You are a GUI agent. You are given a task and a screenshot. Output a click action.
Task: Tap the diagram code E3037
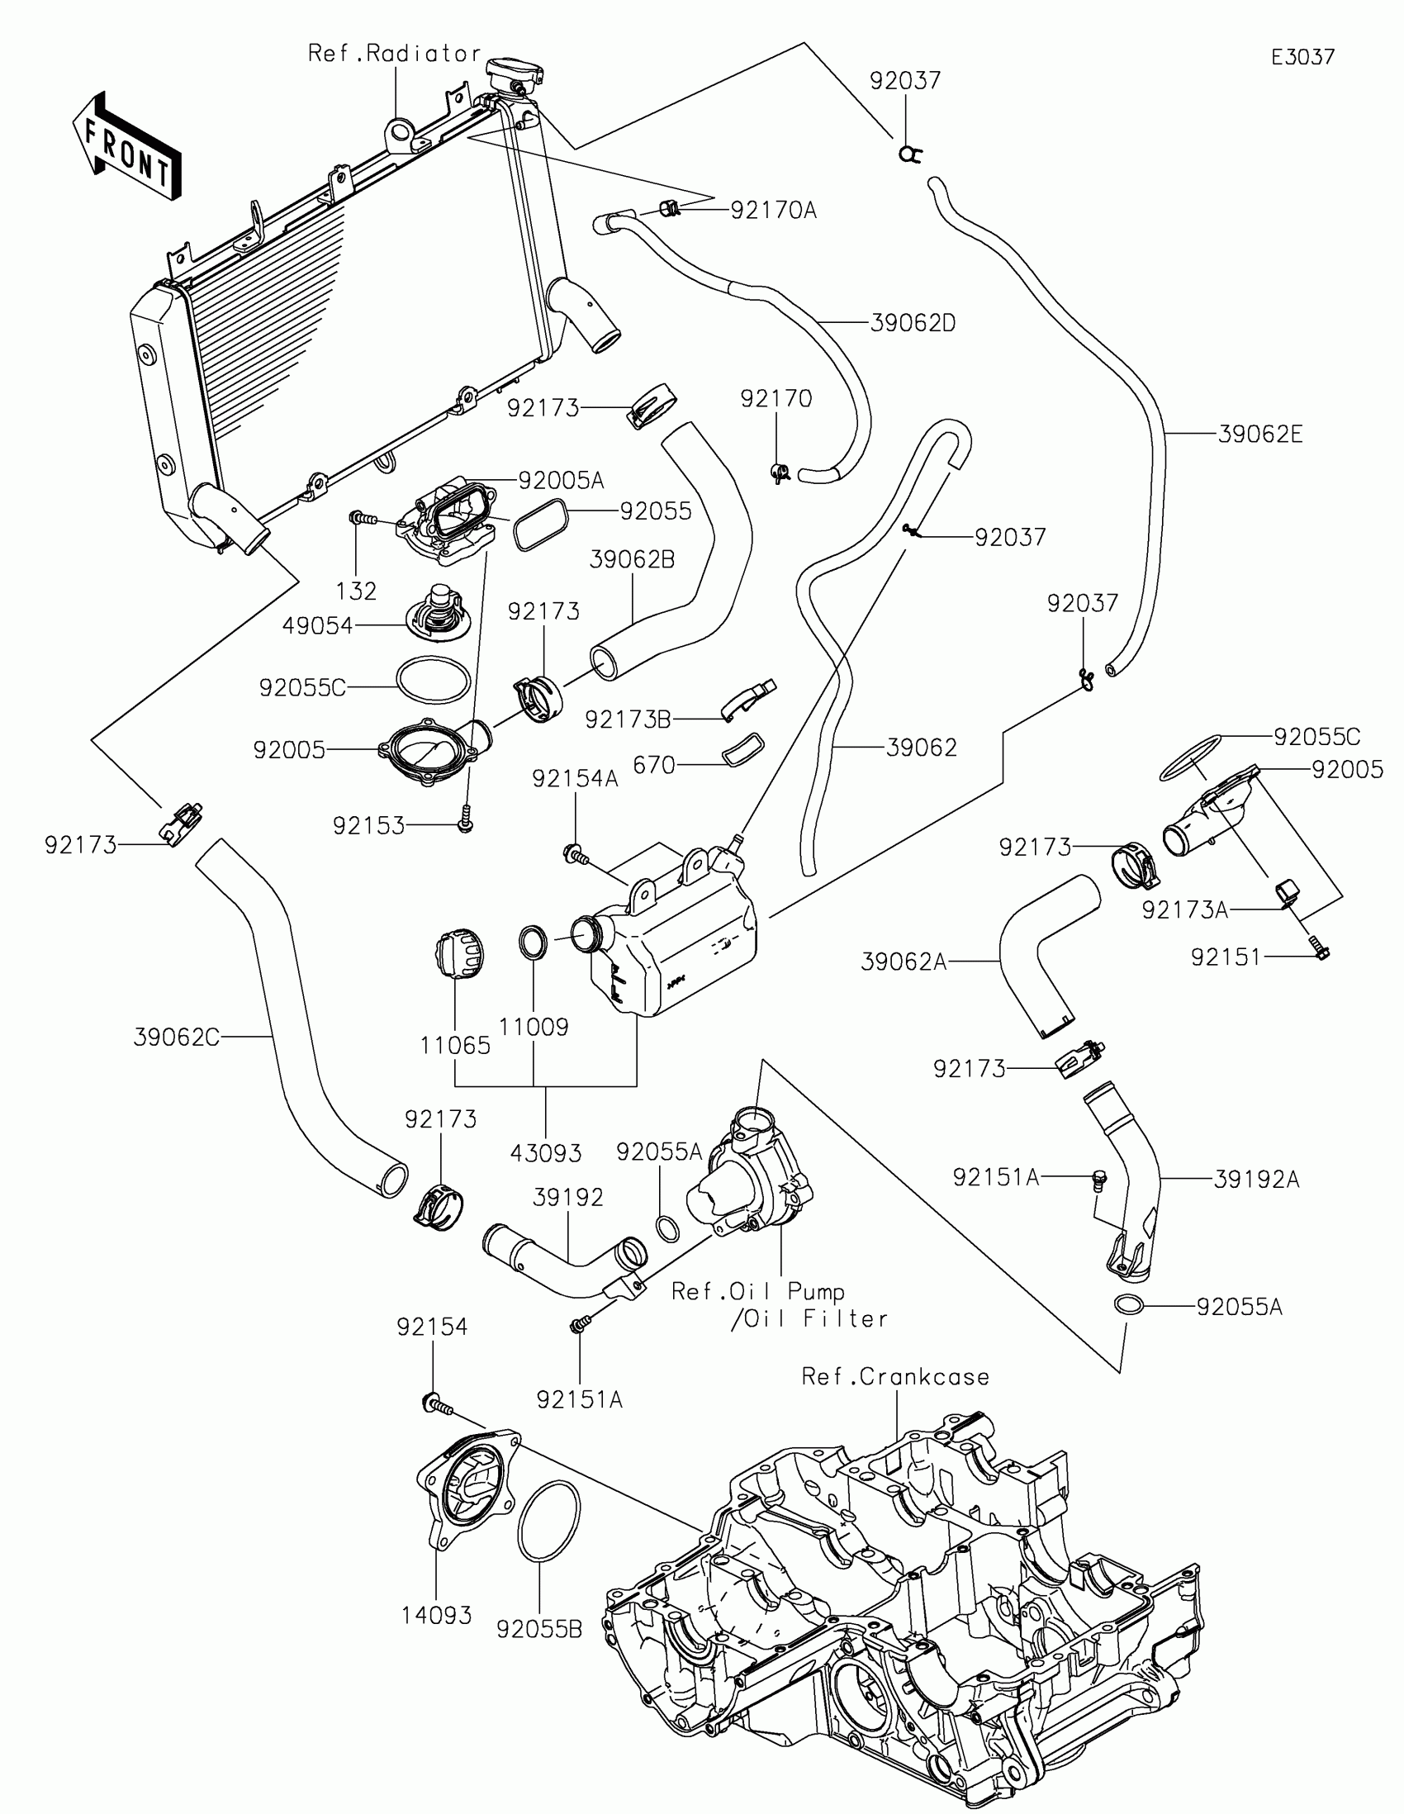coord(1302,57)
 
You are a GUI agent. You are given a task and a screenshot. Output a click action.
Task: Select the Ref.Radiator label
coord(395,54)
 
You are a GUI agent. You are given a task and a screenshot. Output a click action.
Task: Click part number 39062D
coord(913,323)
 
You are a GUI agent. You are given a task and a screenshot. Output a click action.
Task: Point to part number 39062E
coord(1259,435)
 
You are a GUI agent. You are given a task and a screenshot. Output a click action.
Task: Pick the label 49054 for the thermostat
coord(317,626)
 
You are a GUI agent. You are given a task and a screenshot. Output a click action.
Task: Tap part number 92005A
coord(561,481)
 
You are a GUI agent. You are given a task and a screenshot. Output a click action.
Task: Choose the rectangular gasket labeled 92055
coord(541,525)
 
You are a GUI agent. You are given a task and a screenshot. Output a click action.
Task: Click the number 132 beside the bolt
coord(356,591)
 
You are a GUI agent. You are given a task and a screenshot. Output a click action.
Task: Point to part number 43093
coord(545,1153)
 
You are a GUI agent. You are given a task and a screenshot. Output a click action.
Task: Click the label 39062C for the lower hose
coord(177,1038)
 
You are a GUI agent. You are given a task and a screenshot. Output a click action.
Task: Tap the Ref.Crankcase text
coord(895,1377)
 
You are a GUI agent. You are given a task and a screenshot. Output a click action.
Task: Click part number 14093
coord(436,1616)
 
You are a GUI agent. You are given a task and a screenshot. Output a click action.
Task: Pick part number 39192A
coord(1256,1180)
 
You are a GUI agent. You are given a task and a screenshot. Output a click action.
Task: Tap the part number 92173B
coord(628,719)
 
